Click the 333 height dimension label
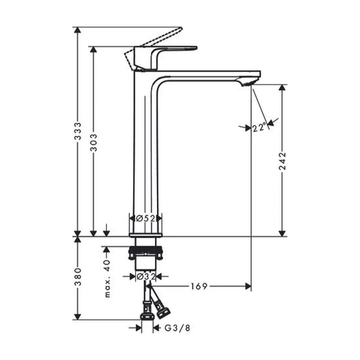(x=78, y=131)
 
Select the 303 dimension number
(x=94, y=143)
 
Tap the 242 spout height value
(x=282, y=161)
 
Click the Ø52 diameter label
(x=146, y=218)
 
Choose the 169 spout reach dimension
(x=199, y=286)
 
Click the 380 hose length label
(x=78, y=276)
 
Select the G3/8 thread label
(x=177, y=328)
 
